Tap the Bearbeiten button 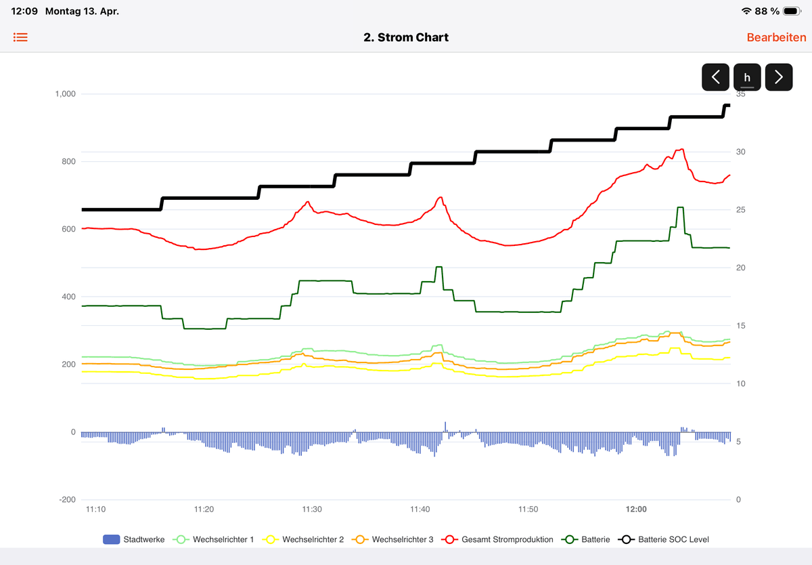pos(776,37)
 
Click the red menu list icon pos(21,37)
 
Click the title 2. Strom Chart pos(406,37)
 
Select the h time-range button pos(747,77)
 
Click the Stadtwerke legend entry pos(133,539)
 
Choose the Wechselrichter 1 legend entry pos(215,539)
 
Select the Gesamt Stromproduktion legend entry pos(497,539)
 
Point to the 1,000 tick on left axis pos(66,94)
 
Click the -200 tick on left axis pos(68,500)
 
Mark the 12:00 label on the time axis pos(636,509)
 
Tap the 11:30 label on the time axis pos(312,509)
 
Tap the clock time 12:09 pos(24,12)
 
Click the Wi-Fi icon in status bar pos(746,12)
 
